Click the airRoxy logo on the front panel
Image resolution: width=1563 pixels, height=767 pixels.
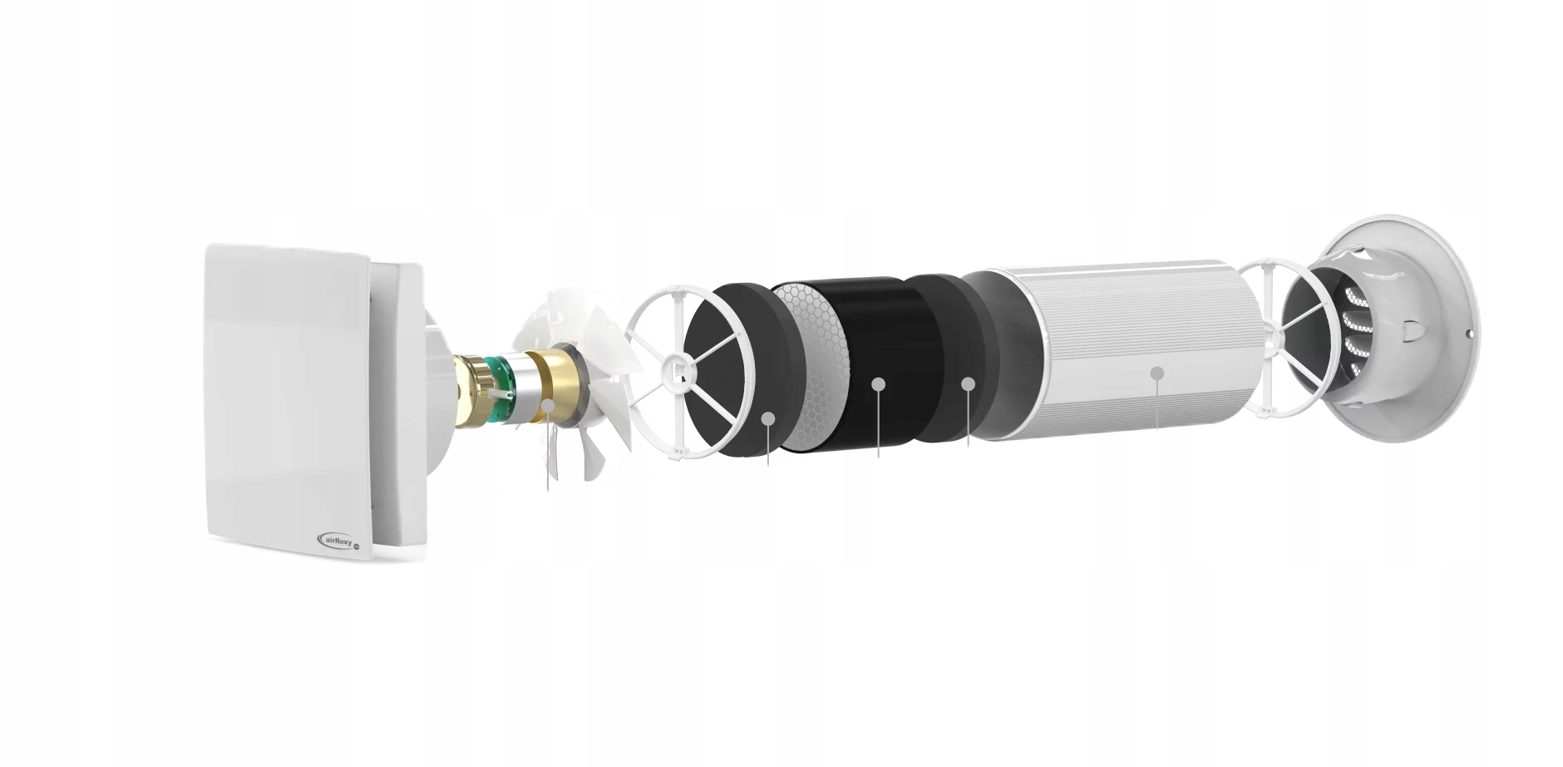(x=339, y=542)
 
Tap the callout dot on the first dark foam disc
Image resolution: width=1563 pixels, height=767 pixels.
(x=768, y=418)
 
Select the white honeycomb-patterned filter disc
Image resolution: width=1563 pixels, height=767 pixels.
(x=811, y=366)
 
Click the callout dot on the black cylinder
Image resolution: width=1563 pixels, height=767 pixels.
(x=878, y=383)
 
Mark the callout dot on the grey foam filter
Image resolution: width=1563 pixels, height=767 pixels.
(x=968, y=383)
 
